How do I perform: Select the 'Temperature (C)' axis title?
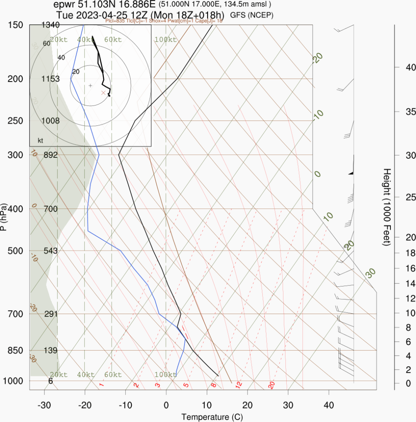pos(212,417)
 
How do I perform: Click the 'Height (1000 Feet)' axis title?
pos(387,207)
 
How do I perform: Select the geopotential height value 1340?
pos(51,25)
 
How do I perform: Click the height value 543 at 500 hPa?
pos(51,251)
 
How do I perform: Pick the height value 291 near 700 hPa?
pos(51,314)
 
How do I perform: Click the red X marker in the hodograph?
pos(103,93)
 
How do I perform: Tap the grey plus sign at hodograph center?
pos(90,86)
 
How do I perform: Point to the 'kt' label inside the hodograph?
pos(40,141)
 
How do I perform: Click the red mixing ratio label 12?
pos(238,385)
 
